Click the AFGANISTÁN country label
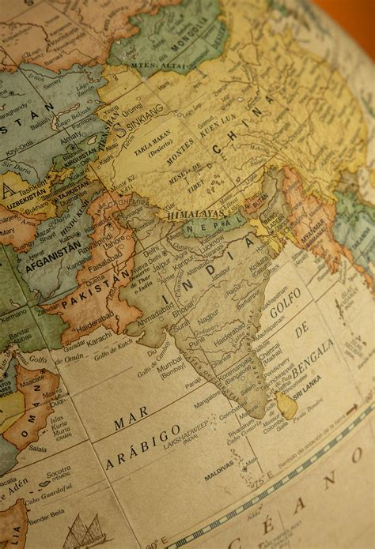53,256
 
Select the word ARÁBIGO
143,446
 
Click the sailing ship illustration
83,531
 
